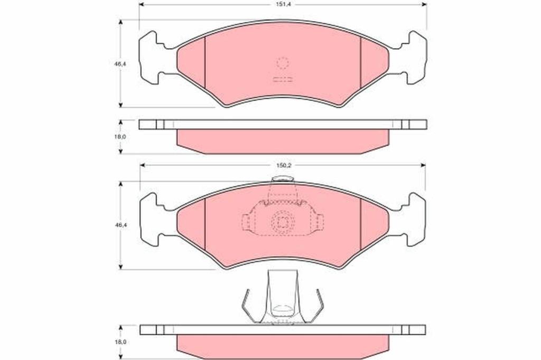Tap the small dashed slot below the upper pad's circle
283,79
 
